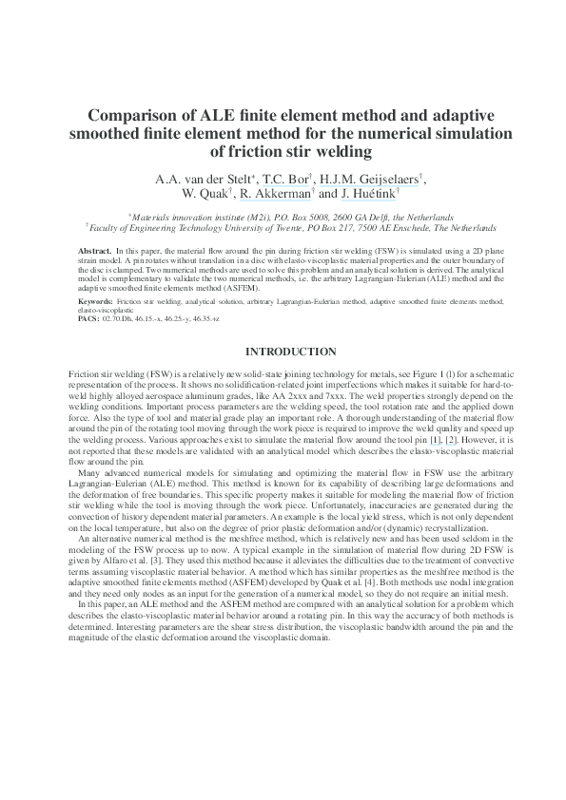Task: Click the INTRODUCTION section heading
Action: [283, 352]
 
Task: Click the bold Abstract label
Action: [93, 247]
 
